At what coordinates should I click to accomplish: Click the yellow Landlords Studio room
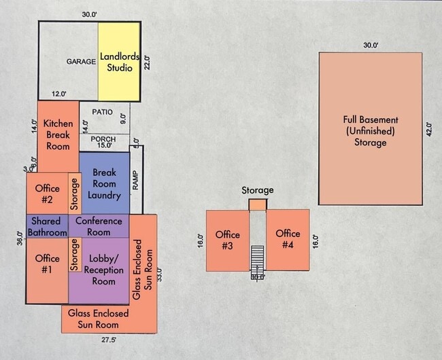(120, 62)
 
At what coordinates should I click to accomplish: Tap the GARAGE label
(81, 62)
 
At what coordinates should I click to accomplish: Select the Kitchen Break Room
(57, 135)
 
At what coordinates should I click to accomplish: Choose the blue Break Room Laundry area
(105, 183)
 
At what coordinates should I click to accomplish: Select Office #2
(47, 194)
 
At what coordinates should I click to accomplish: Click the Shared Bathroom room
(47, 226)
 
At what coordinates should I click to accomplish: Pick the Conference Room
(99, 226)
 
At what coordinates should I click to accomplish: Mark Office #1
(47, 264)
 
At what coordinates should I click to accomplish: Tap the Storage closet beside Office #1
(74, 255)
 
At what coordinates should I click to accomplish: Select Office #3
(228, 240)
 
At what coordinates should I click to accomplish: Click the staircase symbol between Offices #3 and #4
(257, 257)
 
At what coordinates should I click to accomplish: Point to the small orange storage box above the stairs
(258, 204)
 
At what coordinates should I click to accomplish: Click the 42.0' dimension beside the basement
(428, 129)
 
